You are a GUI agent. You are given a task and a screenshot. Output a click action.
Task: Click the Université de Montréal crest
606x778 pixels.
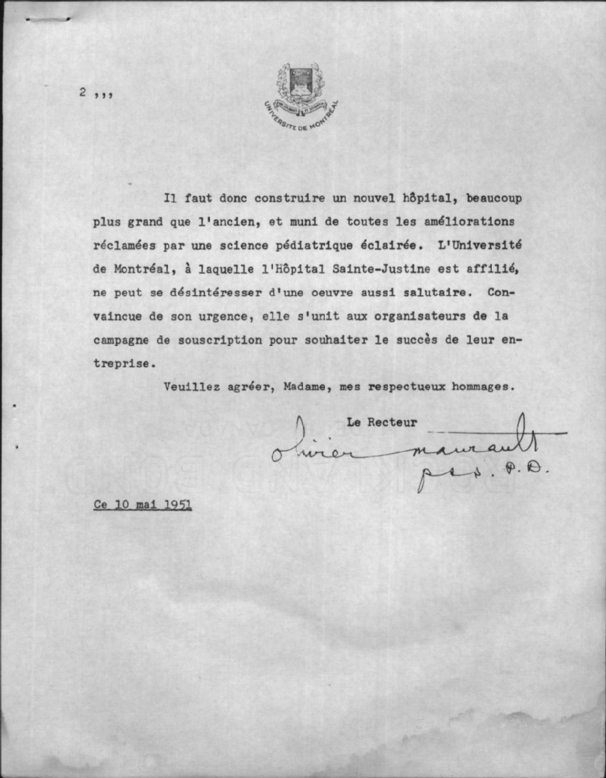302,95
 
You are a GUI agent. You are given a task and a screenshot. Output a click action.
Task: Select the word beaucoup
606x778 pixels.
494,198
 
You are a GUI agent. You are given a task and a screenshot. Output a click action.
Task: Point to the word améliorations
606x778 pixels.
470,222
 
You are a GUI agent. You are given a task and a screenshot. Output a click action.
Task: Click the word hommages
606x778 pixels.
480,387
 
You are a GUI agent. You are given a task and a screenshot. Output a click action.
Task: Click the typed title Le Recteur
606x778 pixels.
382,422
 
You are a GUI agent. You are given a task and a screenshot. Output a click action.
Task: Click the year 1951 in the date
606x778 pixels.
178,505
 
